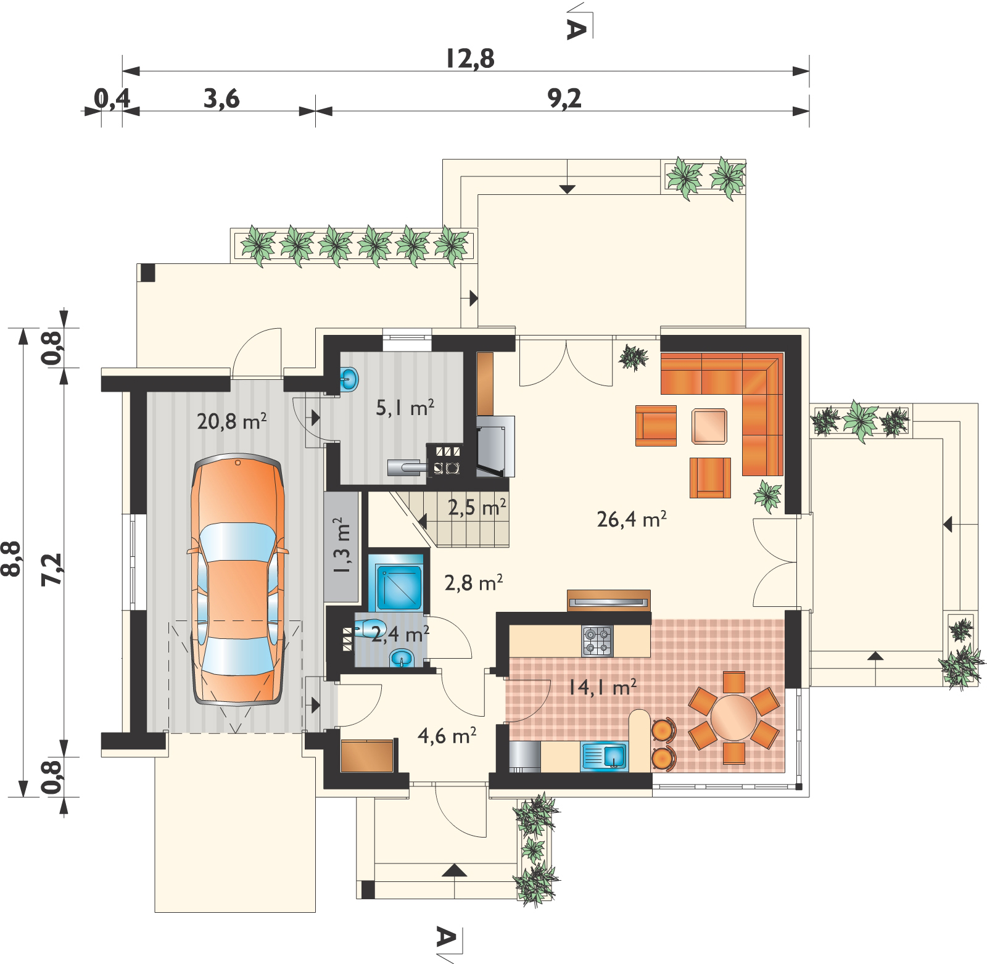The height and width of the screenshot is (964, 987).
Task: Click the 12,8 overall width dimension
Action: point(470,59)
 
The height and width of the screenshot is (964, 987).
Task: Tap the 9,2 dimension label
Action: point(564,99)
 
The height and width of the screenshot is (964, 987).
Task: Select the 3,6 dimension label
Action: point(221,99)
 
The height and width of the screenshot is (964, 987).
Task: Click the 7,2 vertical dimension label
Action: point(52,569)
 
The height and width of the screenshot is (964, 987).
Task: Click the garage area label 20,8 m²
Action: point(231,421)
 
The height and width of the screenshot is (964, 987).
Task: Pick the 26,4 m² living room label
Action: point(632,519)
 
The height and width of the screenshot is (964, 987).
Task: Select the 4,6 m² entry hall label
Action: point(447,735)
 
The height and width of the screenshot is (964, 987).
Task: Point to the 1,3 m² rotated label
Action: point(341,545)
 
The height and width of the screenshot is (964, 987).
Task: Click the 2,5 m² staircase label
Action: point(477,508)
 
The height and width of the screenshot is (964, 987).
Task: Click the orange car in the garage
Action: point(238,580)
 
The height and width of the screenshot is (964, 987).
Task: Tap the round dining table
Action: point(733,717)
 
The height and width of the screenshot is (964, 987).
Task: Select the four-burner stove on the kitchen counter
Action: point(597,641)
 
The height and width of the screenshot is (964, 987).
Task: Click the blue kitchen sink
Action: point(605,757)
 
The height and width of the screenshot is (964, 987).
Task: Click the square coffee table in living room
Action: point(709,426)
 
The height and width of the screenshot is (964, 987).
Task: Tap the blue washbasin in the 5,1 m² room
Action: point(349,379)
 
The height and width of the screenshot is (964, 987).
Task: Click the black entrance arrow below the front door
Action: point(455,870)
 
